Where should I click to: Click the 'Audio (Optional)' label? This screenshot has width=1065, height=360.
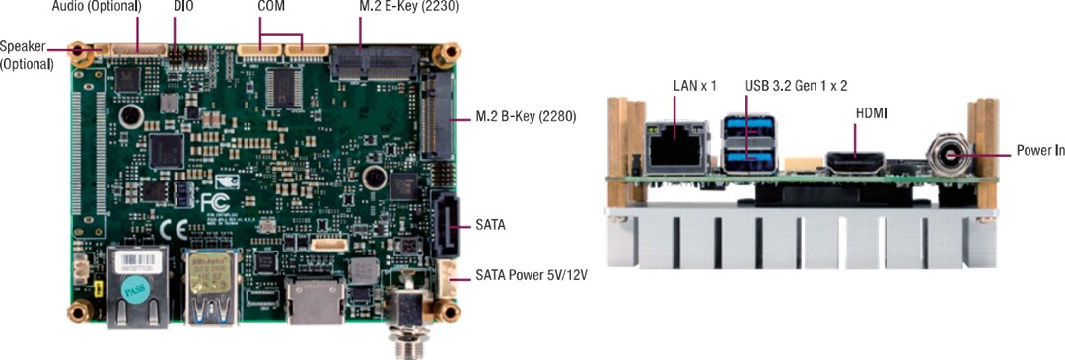tap(96, 6)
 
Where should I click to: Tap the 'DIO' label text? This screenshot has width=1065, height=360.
tap(183, 6)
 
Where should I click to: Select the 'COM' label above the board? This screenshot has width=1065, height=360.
tap(271, 6)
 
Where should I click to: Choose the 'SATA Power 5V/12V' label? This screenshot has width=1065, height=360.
tap(532, 275)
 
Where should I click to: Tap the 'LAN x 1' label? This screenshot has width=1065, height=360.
tap(694, 86)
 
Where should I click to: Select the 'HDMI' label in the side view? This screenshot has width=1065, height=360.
tap(871, 114)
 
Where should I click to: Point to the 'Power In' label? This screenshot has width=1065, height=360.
tap(1039, 152)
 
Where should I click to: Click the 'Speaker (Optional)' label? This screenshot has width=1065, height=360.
tap(28, 54)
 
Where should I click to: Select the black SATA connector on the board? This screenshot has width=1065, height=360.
tap(445, 225)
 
